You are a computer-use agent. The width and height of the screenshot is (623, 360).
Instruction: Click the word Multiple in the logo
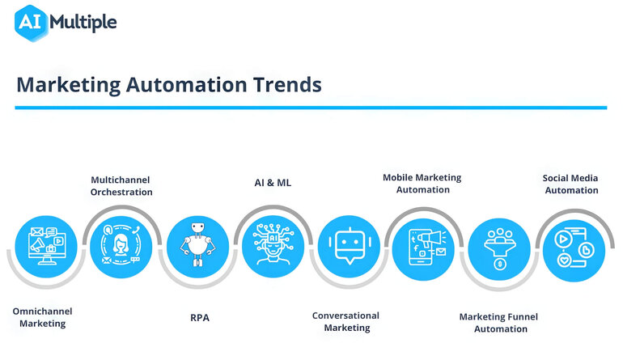coord(83,23)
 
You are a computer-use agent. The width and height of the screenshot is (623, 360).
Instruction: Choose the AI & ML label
coord(272,183)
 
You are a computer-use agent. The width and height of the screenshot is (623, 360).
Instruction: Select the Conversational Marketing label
coord(345,321)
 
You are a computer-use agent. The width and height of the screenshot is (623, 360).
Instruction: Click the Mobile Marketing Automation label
coord(422,183)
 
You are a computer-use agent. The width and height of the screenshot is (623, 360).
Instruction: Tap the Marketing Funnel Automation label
coord(498,322)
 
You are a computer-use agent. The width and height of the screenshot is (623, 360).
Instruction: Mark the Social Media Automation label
coord(571,184)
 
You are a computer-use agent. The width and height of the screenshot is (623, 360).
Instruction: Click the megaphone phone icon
coord(423,244)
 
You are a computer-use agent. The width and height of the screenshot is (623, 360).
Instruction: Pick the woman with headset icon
coord(120,243)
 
